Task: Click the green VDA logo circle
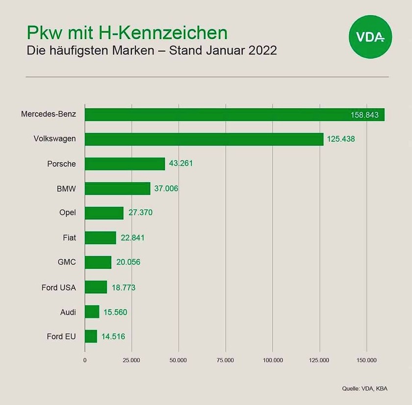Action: [x=368, y=37]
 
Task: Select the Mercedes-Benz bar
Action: [x=234, y=114]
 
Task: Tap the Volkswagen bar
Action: [x=204, y=139]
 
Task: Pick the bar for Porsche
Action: [x=125, y=163]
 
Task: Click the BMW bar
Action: [x=117, y=189]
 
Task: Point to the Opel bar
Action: [x=104, y=213]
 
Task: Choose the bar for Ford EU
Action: [x=91, y=336]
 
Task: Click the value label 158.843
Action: [x=365, y=115]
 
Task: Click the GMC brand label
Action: [x=67, y=262]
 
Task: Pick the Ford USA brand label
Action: [x=59, y=287]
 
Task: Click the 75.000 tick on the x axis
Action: [x=226, y=360]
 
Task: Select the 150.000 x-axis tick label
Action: [x=366, y=360]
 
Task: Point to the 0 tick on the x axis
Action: [x=85, y=360]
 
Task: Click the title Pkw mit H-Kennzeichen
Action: [x=127, y=33]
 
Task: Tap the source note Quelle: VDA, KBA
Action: [x=364, y=389]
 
